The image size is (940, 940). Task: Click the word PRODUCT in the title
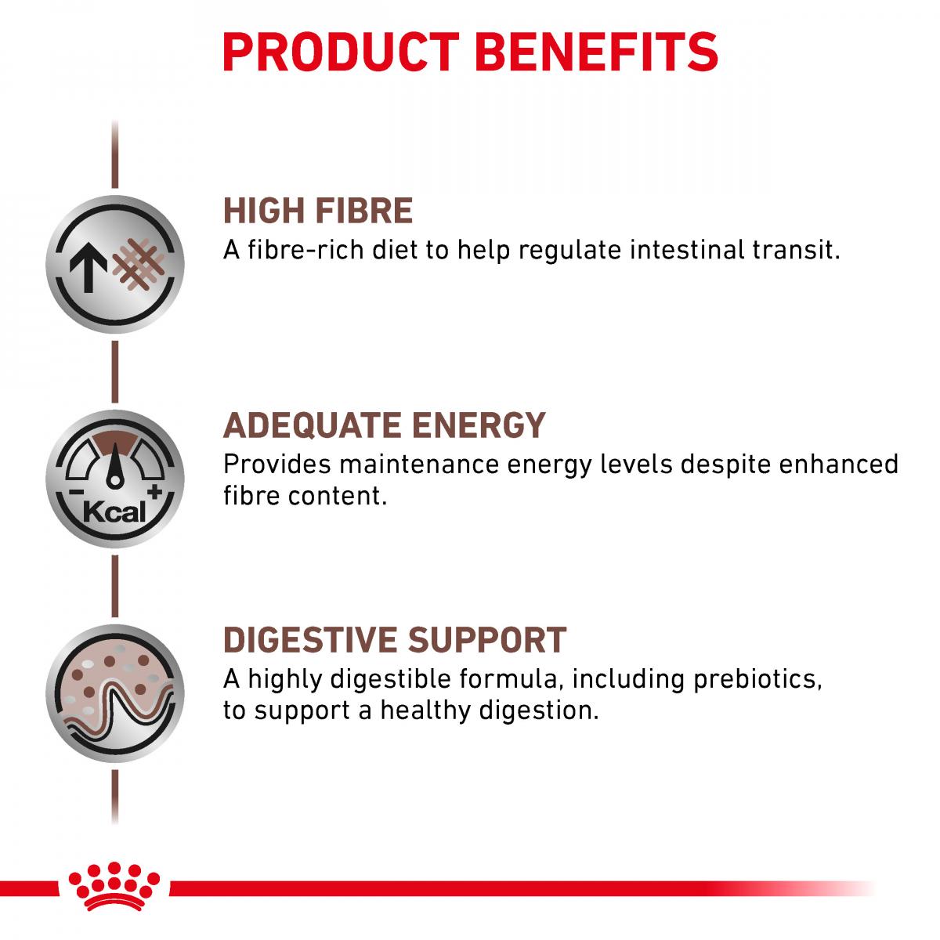[341, 52]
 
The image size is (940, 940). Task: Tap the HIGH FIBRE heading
[318, 211]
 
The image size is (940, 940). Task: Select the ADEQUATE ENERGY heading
[385, 425]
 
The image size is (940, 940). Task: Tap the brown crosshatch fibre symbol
[139, 265]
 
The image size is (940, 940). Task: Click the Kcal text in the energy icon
[114, 512]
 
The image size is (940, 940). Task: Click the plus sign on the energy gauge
[155, 492]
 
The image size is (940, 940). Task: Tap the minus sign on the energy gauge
[76, 492]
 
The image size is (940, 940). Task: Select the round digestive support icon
[115, 693]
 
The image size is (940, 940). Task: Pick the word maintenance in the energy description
[419, 464]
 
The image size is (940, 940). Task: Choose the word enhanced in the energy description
[838, 464]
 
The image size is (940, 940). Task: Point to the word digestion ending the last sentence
[538, 710]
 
